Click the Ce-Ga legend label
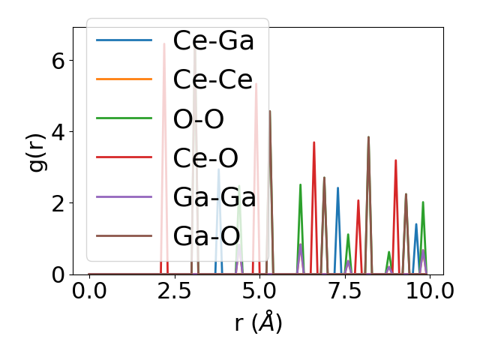coord(213,40)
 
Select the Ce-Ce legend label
coord(213,79)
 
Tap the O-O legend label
coord(198,118)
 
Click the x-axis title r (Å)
coord(257,323)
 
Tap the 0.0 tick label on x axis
coord(89,291)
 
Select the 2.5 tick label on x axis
coord(174,291)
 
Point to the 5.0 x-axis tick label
coord(259,291)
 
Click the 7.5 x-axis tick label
coord(344,291)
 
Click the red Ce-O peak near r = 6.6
coord(314,143)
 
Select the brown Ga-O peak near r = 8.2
coord(368,138)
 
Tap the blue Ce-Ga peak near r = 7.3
coord(337,189)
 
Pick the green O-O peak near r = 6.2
coord(300,186)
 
